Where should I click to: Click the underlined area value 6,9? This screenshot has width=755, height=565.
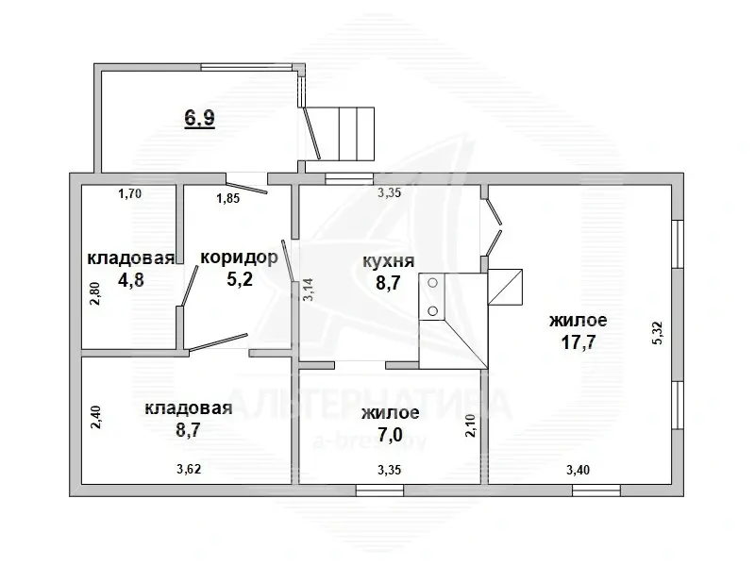(199, 118)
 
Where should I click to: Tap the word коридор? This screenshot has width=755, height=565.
(239, 258)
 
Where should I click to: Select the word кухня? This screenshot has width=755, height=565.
(388, 261)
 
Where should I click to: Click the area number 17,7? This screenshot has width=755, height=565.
(579, 342)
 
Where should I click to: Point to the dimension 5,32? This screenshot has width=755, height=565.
(658, 333)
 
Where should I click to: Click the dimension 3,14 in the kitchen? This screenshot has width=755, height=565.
(308, 290)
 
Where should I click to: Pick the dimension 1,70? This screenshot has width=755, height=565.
(129, 194)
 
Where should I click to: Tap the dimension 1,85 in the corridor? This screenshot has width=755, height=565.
(227, 198)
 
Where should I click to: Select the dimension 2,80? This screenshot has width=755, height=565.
(95, 293)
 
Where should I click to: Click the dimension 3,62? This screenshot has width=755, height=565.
(189, 469)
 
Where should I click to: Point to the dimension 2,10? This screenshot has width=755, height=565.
(470, 426)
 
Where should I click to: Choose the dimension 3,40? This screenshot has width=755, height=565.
(578, 469)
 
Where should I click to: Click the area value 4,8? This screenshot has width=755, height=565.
(131, 279)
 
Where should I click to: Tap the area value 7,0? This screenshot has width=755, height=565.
(390, 435)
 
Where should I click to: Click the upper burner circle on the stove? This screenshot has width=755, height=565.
(433, 283)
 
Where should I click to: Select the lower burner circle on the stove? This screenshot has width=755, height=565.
(433, 311)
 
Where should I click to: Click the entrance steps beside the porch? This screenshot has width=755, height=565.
(357, 134)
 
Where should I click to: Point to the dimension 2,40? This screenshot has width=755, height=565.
(95, 418)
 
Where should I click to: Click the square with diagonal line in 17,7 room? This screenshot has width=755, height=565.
(505, 287)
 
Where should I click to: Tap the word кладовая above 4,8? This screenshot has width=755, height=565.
(130, 258)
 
